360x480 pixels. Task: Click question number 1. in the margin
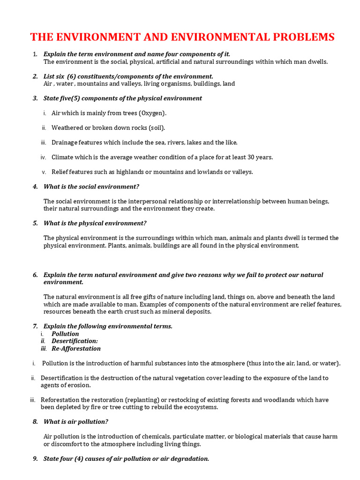coord(35,54)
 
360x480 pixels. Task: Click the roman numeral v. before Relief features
coord(44,172)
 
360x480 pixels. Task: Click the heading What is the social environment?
coord(91,187)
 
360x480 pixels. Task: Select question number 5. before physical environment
coord(35,223)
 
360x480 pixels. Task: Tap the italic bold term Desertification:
coord(75,341)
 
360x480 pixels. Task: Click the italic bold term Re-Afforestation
coord(76,349)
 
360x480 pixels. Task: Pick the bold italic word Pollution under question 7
coord(65,334)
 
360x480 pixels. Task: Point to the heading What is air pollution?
coord(75,422)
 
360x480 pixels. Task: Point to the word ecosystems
coord(201,407)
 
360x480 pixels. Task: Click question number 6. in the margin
coord(35,275)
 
